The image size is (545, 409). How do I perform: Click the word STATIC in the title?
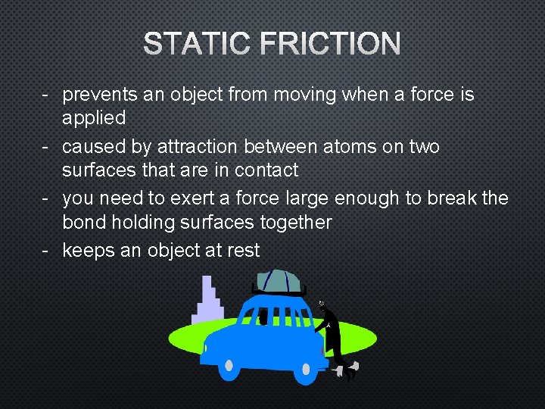click(195, 44)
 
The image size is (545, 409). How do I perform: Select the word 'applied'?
click(94, 119)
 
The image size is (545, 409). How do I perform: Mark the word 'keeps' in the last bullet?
click(89, 250)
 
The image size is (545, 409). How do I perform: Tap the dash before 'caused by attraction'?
click(46, 146)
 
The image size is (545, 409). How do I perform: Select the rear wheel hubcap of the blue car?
click(306, 370)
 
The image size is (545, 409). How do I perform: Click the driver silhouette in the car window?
click(263, 316)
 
